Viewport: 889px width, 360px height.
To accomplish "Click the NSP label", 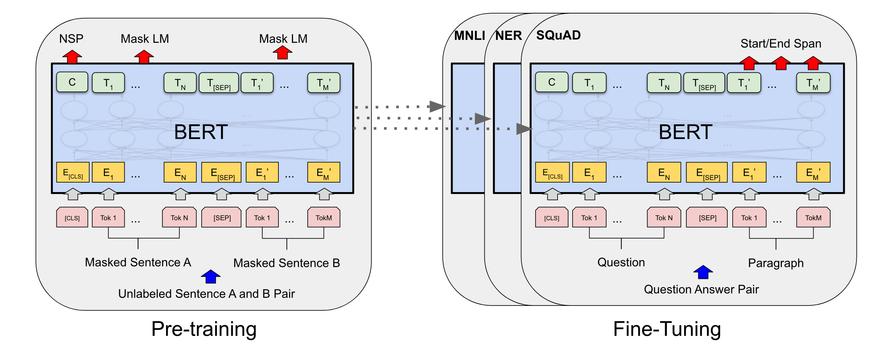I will click(x=71, y=39).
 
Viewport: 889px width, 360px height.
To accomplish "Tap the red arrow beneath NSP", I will click(x=72, y=56).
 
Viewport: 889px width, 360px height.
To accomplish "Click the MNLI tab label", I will click(x=469, y=35).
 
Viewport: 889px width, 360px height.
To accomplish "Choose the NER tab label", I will click(x=509, y=35).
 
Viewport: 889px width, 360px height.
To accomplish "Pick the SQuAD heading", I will click(x=558, y=35).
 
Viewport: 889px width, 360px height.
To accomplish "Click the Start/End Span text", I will click(x=781, y=44).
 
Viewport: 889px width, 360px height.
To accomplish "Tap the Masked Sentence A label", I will click(x=138, y=262).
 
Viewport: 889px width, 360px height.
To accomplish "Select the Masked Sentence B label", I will click(x=286, y=263).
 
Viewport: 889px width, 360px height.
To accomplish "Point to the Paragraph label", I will click(x=776, y=263).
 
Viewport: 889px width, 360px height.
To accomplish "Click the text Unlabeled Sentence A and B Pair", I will click(x=206, y=294).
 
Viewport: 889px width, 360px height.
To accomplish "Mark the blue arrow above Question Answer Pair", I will click(x=703, y=272).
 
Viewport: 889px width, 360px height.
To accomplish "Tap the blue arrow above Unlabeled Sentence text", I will click(x=211, y=277).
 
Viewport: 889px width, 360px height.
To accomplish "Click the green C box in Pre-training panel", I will click(x=72, y=82).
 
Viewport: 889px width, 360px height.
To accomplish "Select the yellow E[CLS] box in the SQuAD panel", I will click(x=552, y=172).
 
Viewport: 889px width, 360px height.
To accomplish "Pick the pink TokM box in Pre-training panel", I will click(x=324, y=218).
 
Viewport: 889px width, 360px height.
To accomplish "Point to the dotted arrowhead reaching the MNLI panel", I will click(x=437, y=106).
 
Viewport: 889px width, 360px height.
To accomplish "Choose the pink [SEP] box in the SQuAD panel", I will click(x=707, y=218).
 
